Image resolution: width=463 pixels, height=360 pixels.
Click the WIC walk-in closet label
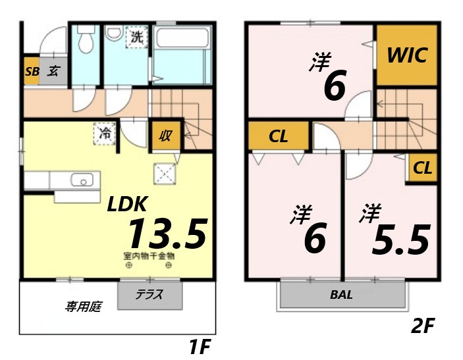coord(406,55)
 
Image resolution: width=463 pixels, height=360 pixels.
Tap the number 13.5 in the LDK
coord(167,234)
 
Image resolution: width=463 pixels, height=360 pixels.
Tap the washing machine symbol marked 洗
coord(136,38)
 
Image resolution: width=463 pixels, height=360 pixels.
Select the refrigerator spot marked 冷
coord(105,132)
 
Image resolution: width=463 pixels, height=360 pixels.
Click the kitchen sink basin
coord(83,180)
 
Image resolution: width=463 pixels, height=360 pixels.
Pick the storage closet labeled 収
coord(165,136)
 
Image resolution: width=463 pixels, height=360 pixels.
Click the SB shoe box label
coord(32,72)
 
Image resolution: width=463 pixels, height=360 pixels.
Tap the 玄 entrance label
coord(52,72)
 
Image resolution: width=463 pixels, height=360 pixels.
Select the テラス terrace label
coord(150,295)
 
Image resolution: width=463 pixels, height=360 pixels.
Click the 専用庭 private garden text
coord(82,306)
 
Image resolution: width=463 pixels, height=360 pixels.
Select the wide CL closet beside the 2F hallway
coord(278,137)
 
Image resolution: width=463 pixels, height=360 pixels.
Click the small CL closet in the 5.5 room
coord(423,168)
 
